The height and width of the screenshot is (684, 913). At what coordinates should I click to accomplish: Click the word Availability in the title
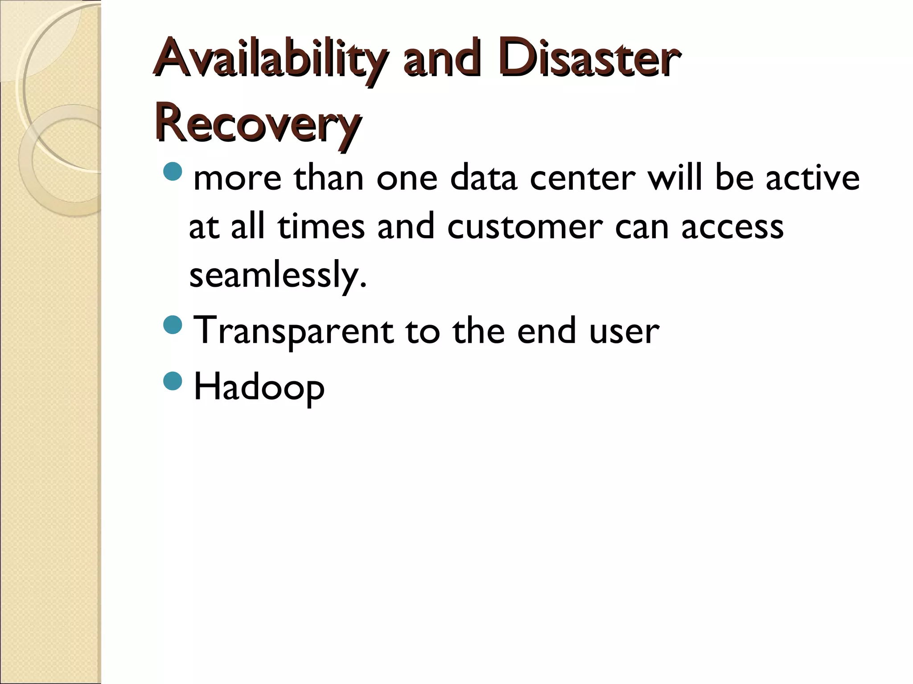pos(268,60)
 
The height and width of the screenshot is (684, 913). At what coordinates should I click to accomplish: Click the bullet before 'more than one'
pos(173,171)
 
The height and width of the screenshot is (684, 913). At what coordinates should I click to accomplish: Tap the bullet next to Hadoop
pos(173,381)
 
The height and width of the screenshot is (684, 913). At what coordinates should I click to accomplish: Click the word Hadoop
pos(259,387)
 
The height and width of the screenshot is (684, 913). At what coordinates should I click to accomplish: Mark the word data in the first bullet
pos(483,178)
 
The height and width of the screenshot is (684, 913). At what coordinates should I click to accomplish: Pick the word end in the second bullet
pos(546,331)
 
